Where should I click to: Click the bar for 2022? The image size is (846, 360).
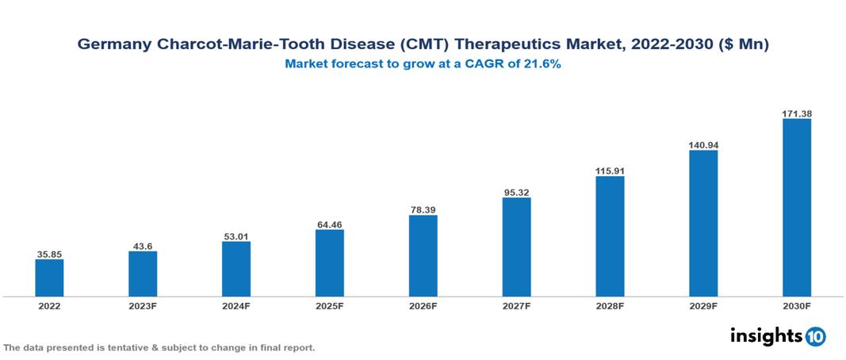click(49, 278)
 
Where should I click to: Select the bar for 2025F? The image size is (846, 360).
click(329, 263)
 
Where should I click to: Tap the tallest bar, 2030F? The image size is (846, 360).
click(796, 208)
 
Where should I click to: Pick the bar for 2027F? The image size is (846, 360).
click(516, 247)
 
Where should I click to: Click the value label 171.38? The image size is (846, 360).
click(796, 114)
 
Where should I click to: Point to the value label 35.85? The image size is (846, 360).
click(49, 255)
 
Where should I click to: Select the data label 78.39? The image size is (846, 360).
click(423, 210)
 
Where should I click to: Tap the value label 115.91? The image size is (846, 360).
click(610, 170)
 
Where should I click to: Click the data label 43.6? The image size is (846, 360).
click(143, 246)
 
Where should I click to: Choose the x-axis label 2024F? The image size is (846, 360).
click(236, 305)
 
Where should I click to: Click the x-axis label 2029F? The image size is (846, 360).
click(703, 305)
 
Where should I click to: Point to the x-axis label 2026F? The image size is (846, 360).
click(423, 305)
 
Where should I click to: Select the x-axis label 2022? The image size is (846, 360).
click(49, 305)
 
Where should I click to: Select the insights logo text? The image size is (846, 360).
click(765, 335)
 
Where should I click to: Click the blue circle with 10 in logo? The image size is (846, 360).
click(815, 336)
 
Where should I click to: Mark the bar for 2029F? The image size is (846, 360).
click(703, 224)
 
